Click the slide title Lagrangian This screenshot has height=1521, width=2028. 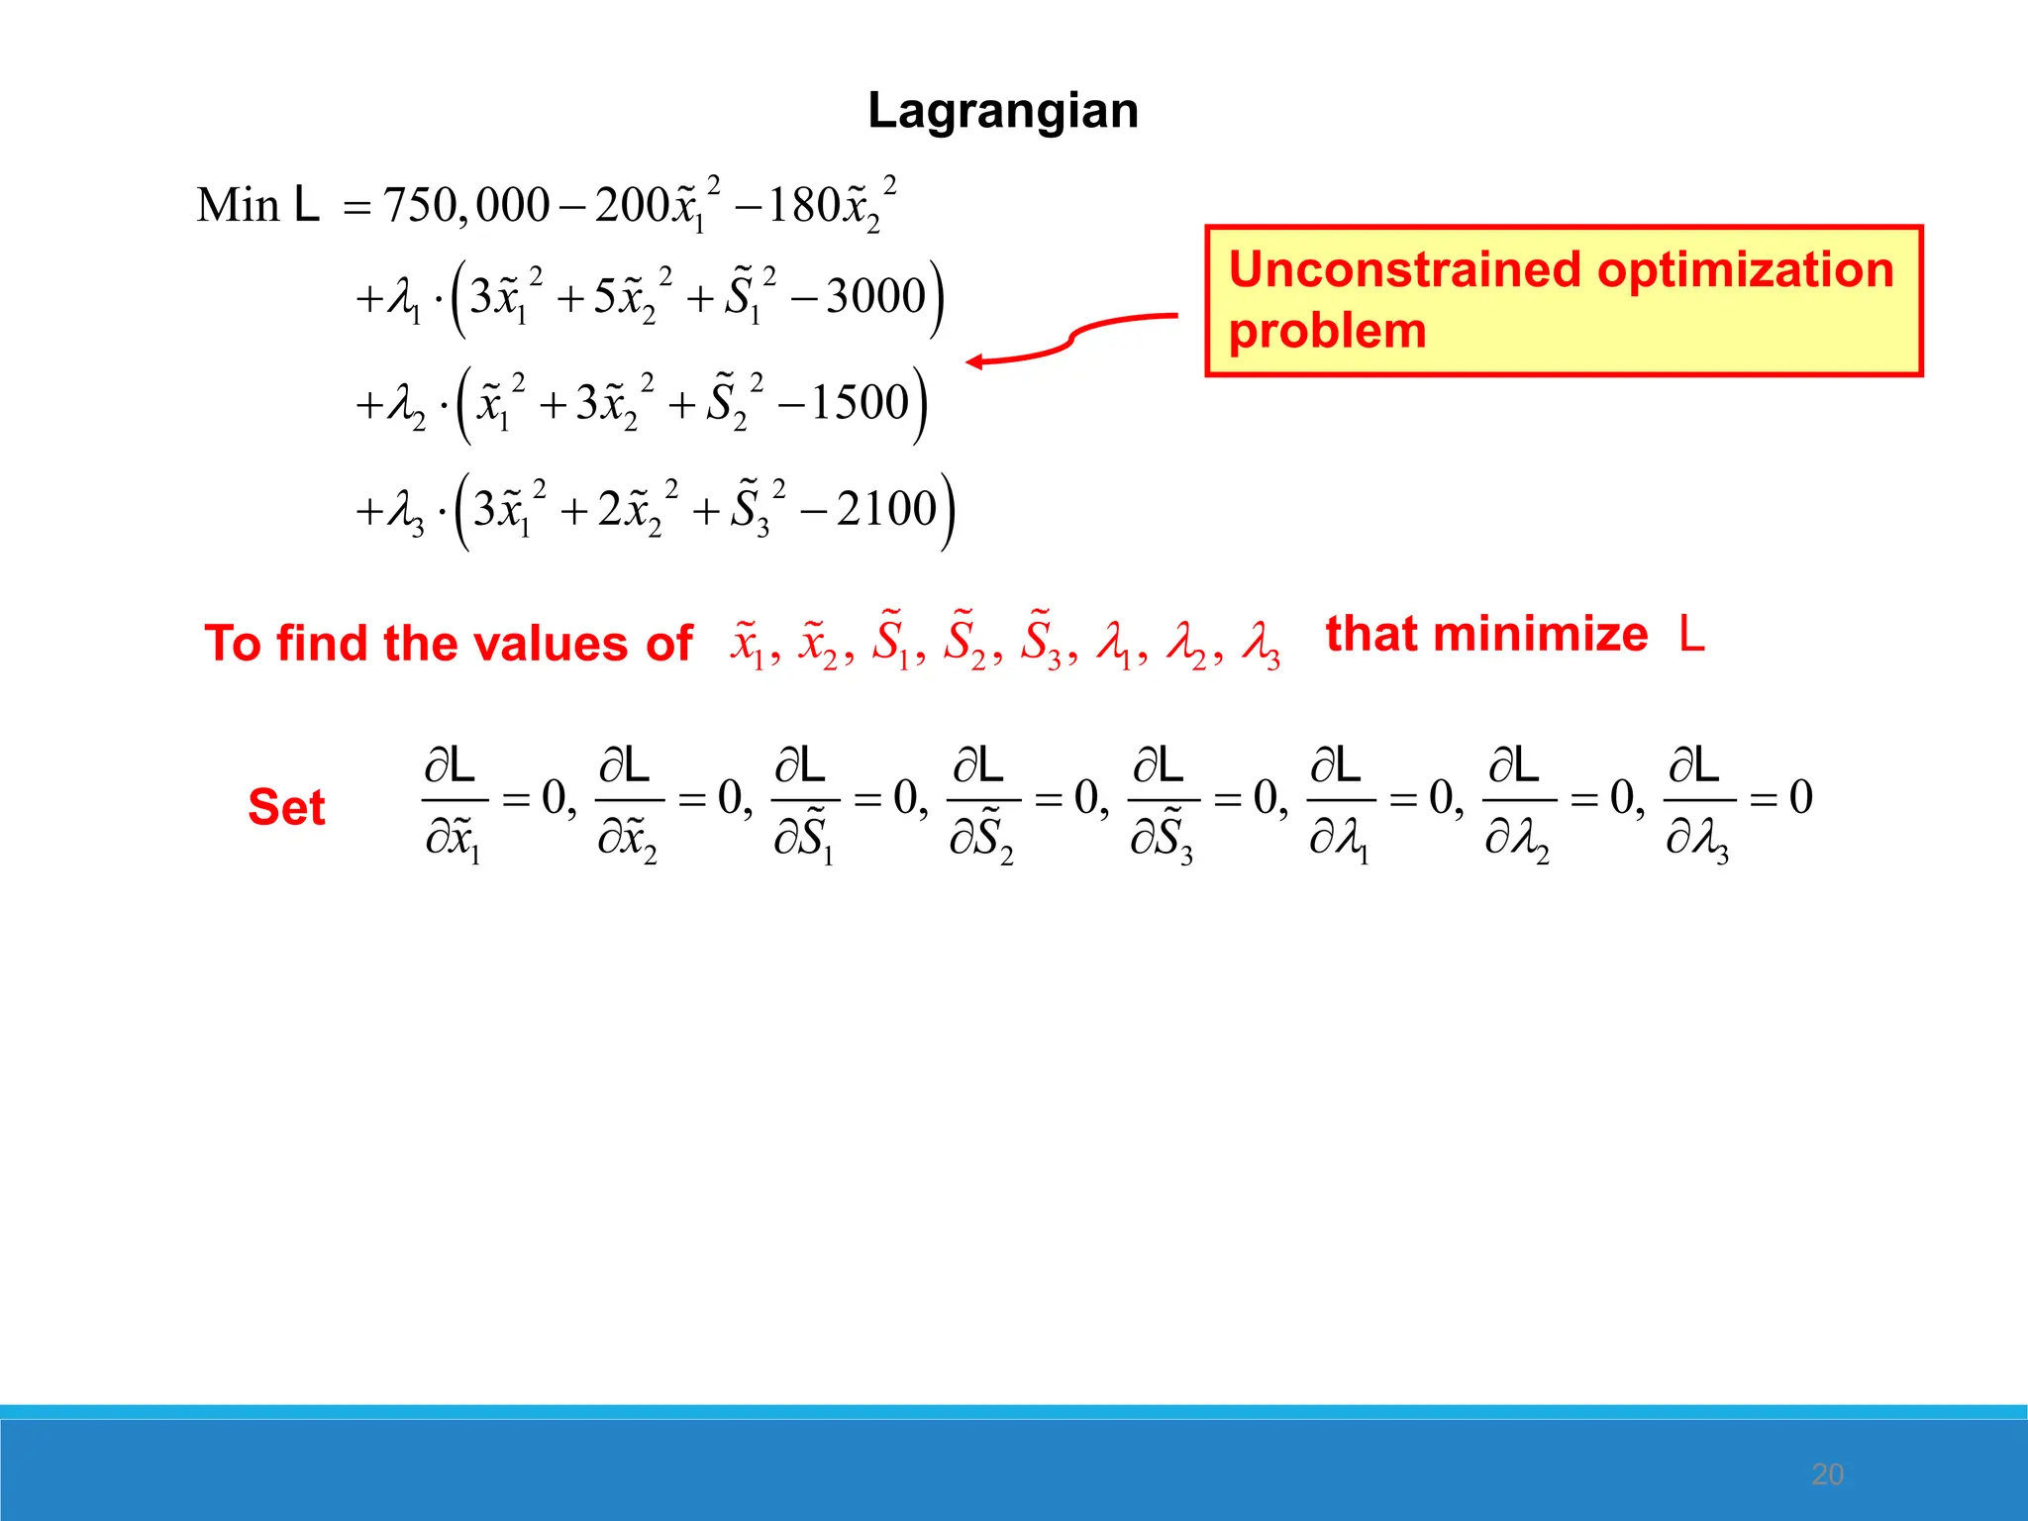[x=1002, y=111]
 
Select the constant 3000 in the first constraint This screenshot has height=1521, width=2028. [x=875, y=296]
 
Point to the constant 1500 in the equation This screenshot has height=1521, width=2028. [x=860, y=403]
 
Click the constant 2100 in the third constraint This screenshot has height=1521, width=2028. [x=885, y=509]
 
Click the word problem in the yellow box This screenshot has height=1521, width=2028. [x=1327, y=331]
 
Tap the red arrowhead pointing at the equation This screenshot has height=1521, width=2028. [x=975, y=361]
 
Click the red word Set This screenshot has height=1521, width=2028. [x=286, y=807]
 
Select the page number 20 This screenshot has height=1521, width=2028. [x=1827, y=1474]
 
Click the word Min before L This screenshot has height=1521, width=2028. [x=238, y=206]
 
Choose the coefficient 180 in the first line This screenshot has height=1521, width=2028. [x=804, y=206]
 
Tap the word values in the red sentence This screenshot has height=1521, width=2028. [x=550, y=644]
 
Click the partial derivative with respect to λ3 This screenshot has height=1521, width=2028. [x=1699, y=802]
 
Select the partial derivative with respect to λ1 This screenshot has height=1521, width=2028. [x=1341, y=802]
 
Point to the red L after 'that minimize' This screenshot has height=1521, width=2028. [x=1691, y=635]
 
